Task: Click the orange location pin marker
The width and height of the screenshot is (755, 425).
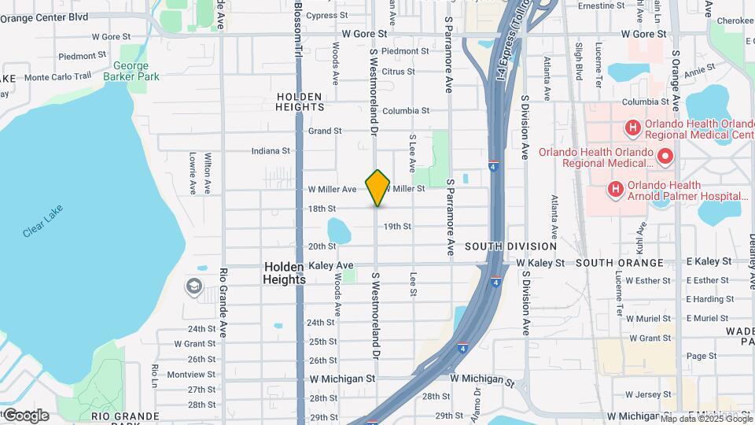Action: click(x=377, y=187)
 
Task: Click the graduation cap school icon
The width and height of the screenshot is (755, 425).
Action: click(x=193, y=286)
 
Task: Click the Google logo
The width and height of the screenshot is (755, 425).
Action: click(x=25, y=416)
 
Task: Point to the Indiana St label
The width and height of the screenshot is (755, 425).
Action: click(x=271, y=151)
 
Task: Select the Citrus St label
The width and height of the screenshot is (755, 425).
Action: click(x=398, y=72)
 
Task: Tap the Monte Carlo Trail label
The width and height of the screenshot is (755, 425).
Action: click(x=57, y=77)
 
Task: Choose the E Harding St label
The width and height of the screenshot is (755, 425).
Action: click(x=709, y=299)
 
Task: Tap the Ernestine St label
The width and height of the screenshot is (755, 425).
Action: click(x=601, y=6)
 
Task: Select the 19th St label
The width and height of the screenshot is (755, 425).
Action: click(x=398, y=227)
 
